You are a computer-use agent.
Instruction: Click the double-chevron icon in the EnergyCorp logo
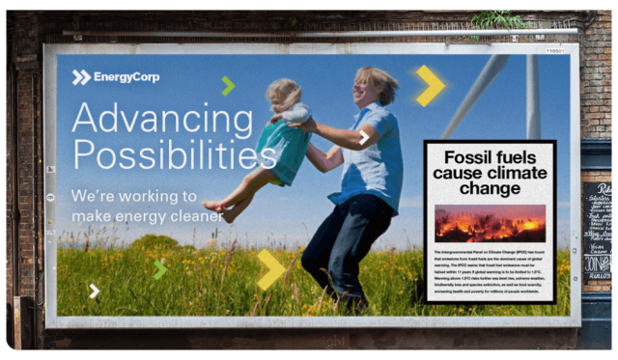click(x=81, y=77)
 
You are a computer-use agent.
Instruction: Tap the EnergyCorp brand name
click(x=126, y=77)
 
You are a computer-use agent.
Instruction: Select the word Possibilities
click(x=174, y=154)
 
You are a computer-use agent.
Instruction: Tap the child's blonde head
click(x=285, y=94)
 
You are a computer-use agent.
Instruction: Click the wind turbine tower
click(x=533, y=97)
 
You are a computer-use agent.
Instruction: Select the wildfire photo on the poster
click(x=490, y=223)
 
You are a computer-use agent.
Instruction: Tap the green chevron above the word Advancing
click(x=227, y=85)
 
